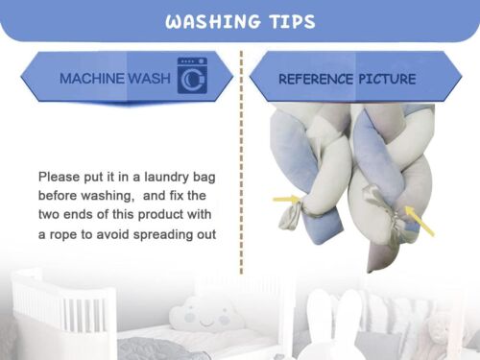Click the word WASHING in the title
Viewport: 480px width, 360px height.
pos(213,22)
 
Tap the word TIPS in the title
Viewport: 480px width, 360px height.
pos(293,22)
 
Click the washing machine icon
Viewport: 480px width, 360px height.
pos(192,76)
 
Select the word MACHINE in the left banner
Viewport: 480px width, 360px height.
pos(92,79)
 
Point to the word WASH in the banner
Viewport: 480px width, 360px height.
pos(149,79)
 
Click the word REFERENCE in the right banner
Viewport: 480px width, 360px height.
pos(316,79)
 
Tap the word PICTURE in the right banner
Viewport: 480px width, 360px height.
pos(387,79)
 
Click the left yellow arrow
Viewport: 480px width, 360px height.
pos(287,199)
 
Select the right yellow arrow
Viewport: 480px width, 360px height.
pos(420,221)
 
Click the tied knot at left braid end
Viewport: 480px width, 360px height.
pos(290,216)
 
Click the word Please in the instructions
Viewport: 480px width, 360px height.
pos(59,177)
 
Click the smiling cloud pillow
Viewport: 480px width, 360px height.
pos(204,315)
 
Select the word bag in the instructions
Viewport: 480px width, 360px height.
pos(204,178)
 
